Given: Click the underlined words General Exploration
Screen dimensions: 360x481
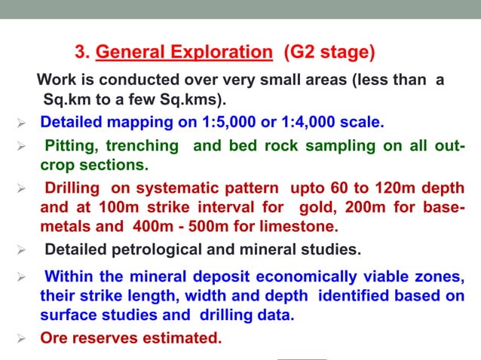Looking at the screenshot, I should pyautogui.click(x=184, y=53).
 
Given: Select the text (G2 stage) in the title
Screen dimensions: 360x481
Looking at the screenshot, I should pyautogui.click(x=329, y=53).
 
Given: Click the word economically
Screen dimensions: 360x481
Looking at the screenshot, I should pyautogui.click(x=286, y=278).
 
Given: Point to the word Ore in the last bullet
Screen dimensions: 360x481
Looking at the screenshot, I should pyautogui.click(x=54, y=338).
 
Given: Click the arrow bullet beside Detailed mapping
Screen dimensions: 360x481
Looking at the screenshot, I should pyautogui.click(x=21, y=123).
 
